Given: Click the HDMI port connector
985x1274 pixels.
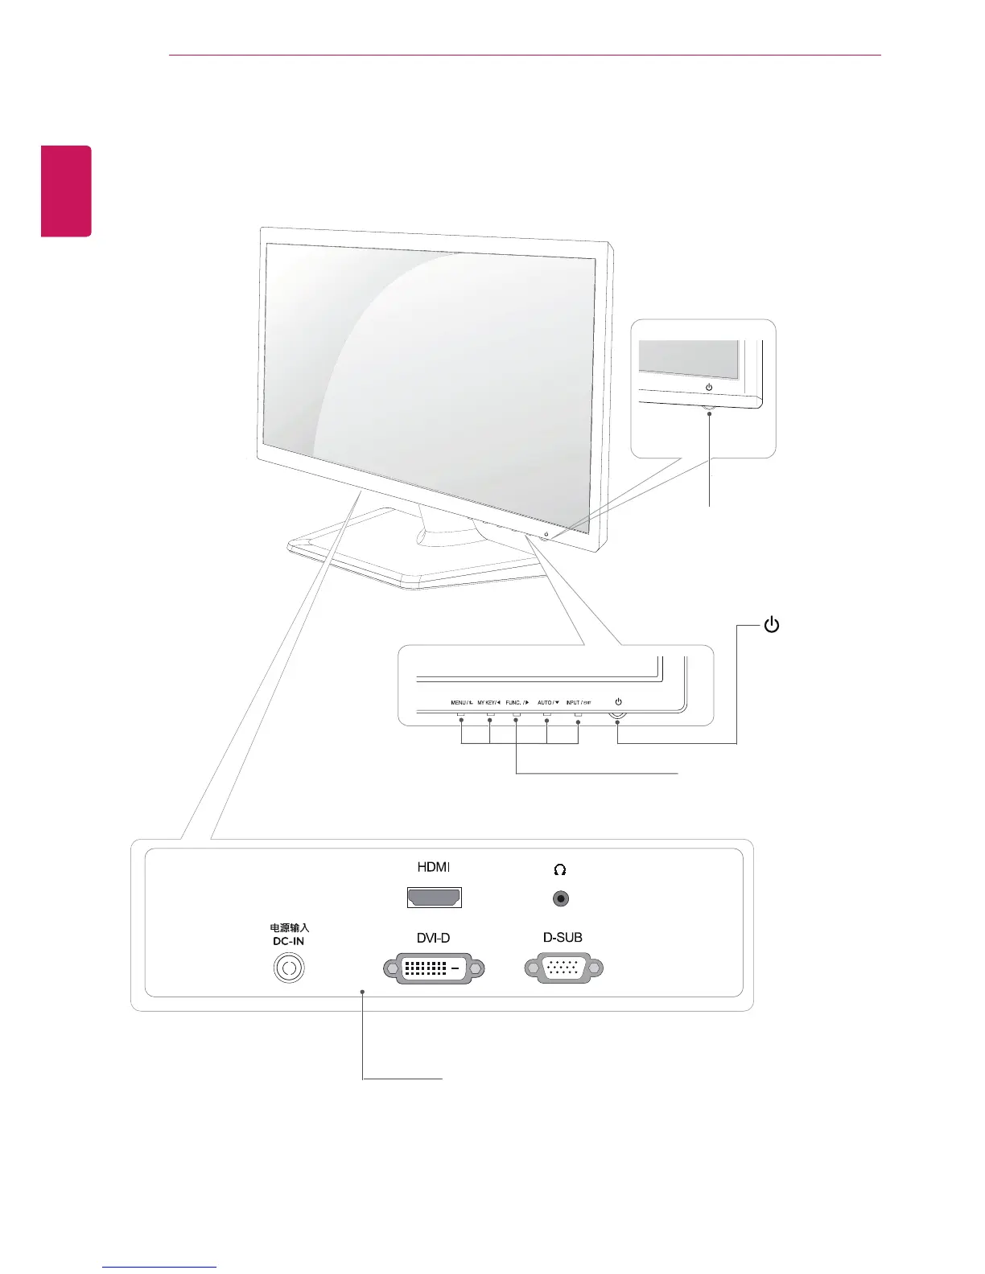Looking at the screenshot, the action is pos(435,898).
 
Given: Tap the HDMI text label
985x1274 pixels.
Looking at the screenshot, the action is pos(434,868).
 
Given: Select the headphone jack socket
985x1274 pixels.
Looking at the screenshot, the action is pos(561,898).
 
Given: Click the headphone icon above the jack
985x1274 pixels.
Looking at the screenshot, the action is pos(560,869).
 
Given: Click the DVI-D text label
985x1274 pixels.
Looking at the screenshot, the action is pos(433,938).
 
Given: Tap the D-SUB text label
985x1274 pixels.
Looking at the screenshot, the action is pos(563,938).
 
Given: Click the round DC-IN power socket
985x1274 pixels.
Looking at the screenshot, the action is pos(290,968).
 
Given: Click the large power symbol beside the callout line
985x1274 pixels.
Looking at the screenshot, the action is pos(771,625).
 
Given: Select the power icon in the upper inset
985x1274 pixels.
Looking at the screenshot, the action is pos(709,388).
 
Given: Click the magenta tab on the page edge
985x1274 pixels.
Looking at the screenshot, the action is pos(67,191).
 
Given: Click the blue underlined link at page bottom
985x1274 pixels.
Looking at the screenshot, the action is pos(159,1267).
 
